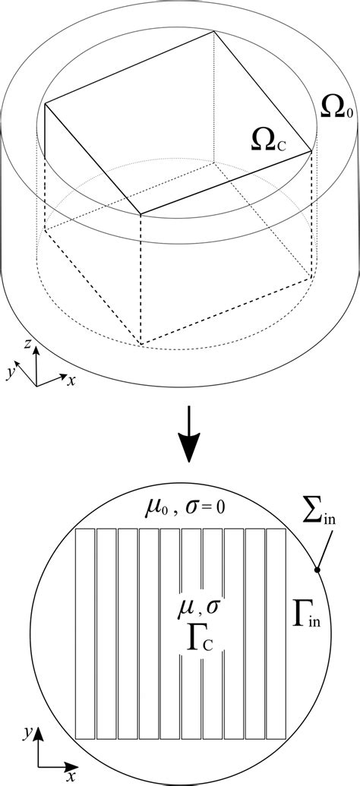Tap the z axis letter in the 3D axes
27,346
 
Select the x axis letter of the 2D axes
71,778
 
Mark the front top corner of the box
141,215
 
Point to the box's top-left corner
46,104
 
